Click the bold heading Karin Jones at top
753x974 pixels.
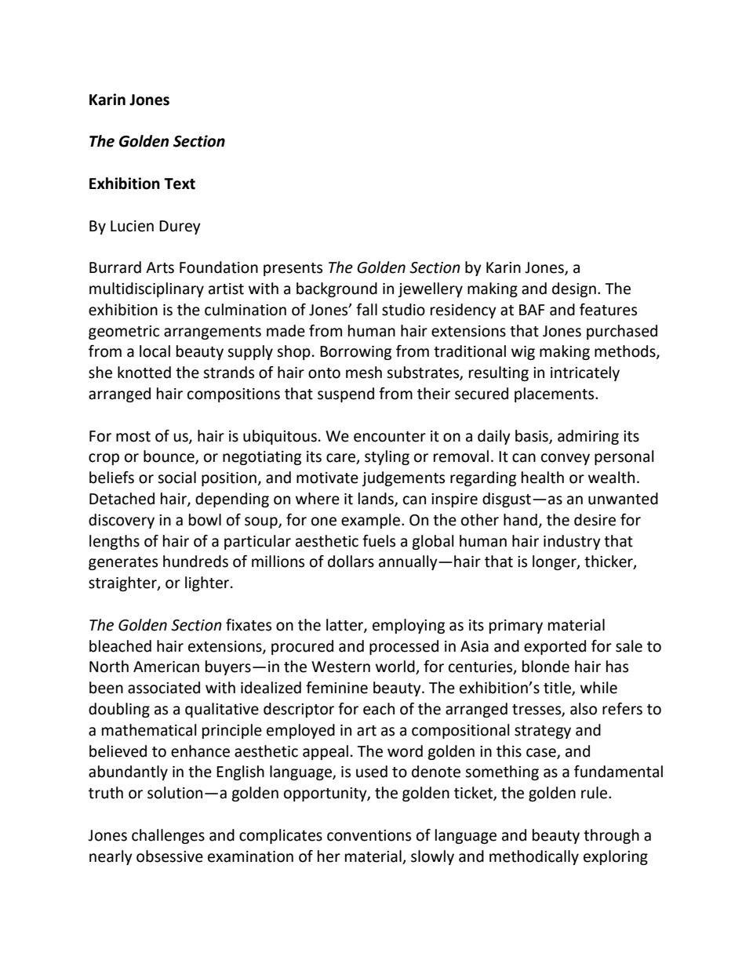129,100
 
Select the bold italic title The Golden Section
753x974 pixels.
157,142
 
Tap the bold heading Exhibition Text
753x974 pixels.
142,184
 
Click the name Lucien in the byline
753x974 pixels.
133,227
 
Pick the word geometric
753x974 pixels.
122,332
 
